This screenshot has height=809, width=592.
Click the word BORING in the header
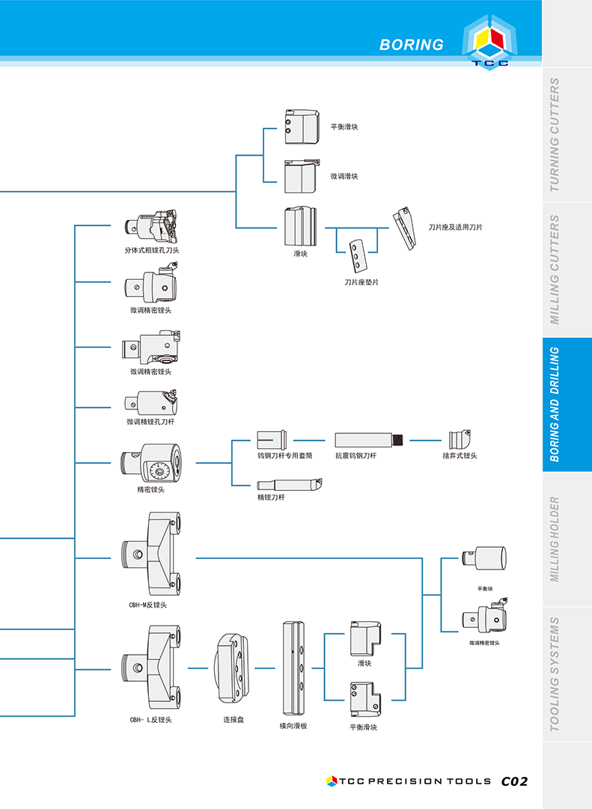point(412,45)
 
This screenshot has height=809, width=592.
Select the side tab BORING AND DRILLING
point(555,404)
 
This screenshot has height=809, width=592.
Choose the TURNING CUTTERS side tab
point(555,135)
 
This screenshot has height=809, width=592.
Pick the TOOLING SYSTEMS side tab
point(555,674)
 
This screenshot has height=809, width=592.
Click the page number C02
point(515,781)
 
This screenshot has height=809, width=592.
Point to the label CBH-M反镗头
point(147,605)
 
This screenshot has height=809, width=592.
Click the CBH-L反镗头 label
point(150,720)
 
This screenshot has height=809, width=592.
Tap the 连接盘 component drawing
point(232,668)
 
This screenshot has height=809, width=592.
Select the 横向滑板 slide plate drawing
point(293,668)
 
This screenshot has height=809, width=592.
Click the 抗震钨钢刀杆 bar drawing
point(369,440)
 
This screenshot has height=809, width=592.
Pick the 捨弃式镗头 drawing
point(460,439)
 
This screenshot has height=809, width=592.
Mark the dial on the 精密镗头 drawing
point(159,471)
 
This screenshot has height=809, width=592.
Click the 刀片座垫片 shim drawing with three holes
point(357,256)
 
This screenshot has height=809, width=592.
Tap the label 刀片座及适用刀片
point(455,227)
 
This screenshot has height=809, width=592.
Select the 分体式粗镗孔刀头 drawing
point(150,226)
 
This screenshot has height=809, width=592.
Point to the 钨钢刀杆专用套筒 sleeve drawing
point(272,440)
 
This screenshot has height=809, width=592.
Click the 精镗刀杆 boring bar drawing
point(290,485)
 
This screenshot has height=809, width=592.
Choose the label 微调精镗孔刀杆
point(150,421)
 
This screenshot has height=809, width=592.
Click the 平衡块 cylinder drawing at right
point(484,558)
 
